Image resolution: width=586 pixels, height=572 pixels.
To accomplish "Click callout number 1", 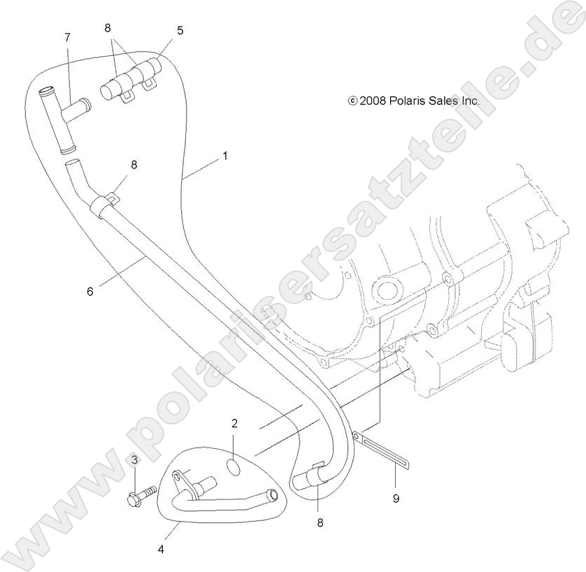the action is (225, 156).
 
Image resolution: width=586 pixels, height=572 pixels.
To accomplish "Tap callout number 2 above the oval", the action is (234, 423).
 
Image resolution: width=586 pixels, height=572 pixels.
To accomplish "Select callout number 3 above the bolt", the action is (134, 460).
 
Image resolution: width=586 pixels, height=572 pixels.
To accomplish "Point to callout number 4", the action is (161, 549).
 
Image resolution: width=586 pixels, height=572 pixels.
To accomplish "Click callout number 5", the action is (180, 30).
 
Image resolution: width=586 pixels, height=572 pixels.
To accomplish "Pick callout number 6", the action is (90, 291).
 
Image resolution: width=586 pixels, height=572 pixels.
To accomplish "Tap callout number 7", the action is (67, 37).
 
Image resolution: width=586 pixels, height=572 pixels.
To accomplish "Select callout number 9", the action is (396, 498).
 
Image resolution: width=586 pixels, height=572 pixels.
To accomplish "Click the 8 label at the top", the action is (108, 28).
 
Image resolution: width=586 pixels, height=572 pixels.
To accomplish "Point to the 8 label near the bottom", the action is (320, 522).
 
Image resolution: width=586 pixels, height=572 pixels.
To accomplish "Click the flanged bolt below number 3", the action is (142, 495).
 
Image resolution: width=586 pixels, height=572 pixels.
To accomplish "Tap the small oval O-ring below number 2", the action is (234, 466).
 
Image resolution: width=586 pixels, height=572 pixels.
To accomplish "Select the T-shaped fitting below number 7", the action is (64, 120).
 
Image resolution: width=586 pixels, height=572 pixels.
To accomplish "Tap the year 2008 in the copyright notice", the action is (372, 101).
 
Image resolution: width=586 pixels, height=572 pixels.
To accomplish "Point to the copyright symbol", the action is (352, 101).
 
